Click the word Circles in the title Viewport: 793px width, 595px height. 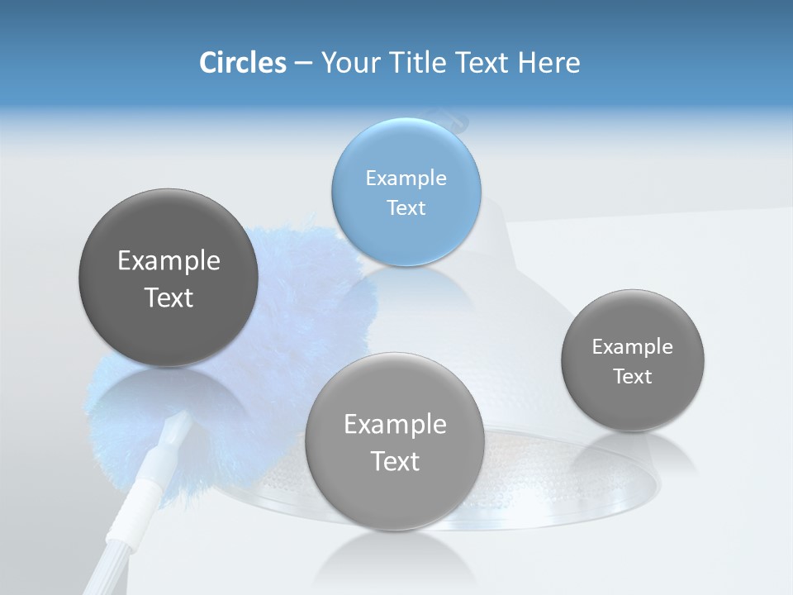[242, 63]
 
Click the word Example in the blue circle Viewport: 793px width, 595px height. [406, 178]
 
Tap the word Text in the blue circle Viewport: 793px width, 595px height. [406, 207]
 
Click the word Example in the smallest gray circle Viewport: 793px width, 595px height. [632, 346]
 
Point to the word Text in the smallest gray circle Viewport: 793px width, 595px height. [632, 376]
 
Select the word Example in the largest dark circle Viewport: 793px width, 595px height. [169, 260]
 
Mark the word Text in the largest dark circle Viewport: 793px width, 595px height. [169, 297]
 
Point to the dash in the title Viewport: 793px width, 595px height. [302, 63]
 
